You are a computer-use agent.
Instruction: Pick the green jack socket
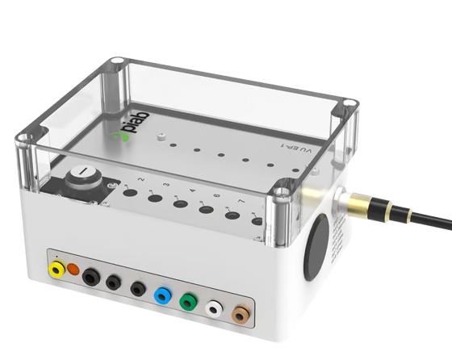tap(189, 301)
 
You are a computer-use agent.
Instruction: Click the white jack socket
tap(215, 308)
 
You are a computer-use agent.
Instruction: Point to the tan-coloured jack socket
tap(241, 314)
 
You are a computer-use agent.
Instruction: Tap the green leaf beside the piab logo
tap(121, 139)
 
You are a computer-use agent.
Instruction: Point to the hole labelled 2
tap(129, 193)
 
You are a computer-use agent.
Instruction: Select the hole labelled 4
tap(180, 204)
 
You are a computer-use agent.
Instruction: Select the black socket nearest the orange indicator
tap(91, 276)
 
